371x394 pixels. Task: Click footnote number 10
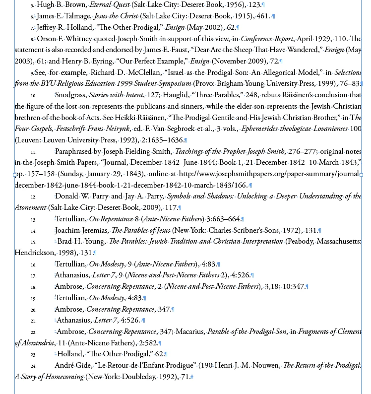(x=33, y=95)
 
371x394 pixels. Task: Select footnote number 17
(x=33, y=275)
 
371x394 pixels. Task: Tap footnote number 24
(x=33, y=366)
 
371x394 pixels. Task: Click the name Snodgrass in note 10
(x=70, y=94)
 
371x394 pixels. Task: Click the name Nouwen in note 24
(x=265, y=366)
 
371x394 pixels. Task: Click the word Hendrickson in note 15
(x=35, y=253)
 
